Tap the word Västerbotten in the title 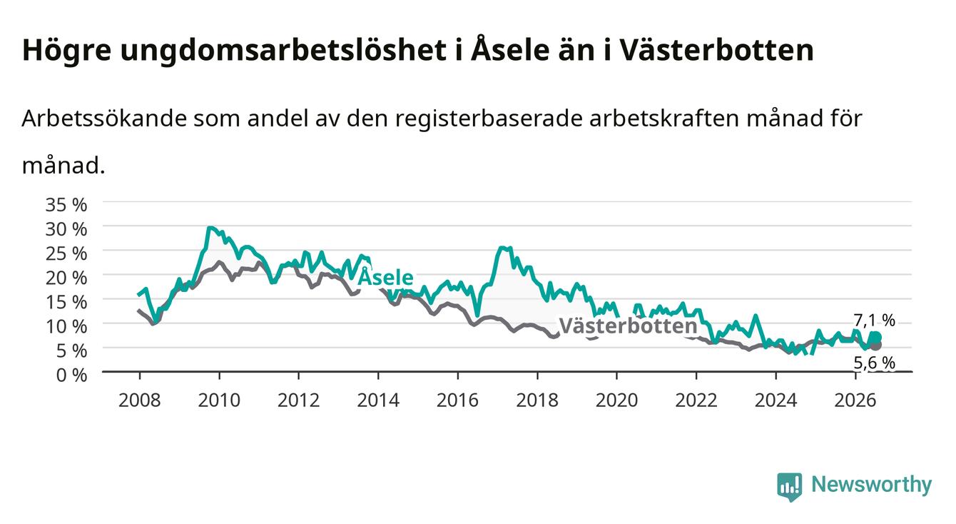pos(717,50)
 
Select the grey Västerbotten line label pos(629,326)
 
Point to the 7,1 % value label pos(874,320)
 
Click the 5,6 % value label pos(874,363)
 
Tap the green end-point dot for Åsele pos(876,338)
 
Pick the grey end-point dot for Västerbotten pos(876,345)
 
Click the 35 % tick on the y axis pos(66,205)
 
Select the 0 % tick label pos(71,376)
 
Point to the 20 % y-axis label pos(66,278)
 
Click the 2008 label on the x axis pos(140,400)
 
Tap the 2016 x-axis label pos(457,400)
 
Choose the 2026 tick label pos(855,400)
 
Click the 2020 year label pos(616,400)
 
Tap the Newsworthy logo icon pos(789,487)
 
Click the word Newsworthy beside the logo pos(872,485)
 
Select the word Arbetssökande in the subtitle pos(104,119)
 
